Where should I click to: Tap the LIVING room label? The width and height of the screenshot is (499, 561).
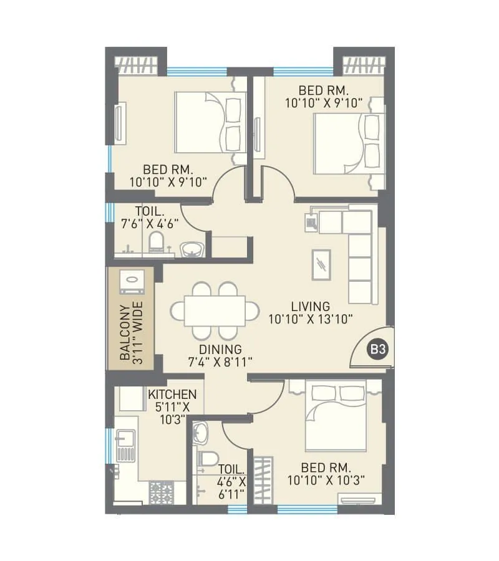310,307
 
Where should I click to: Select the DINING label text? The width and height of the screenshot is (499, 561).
220,350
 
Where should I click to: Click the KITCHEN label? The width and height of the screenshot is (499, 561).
172,395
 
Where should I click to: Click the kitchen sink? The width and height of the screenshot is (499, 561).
125,445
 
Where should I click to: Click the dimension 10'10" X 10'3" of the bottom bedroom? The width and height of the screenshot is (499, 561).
326,480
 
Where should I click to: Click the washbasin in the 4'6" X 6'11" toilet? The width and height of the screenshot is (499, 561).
201,431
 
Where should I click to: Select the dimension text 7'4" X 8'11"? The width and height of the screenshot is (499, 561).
220,362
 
